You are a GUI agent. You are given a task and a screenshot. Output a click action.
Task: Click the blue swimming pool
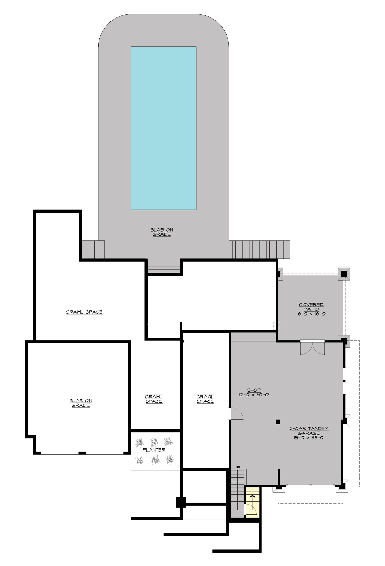(163, 128)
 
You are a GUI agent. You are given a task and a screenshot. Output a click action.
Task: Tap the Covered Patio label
(311, 307)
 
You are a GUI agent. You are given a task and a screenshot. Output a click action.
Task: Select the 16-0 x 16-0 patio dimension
(311, 314)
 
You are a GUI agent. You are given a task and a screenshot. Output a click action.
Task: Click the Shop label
(254, 390)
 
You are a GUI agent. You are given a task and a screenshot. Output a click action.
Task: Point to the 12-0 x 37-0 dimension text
(254, 395)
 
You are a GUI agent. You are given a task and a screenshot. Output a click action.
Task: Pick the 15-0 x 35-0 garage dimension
(309, 438)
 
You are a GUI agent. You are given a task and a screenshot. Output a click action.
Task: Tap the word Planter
(154, 450)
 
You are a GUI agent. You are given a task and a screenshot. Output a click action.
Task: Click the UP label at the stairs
(237, 468)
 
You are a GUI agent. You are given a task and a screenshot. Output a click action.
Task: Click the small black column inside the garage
(278, 422)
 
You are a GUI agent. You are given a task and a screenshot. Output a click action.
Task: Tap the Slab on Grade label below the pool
(162, 232)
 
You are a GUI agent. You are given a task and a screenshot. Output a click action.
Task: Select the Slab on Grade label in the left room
(81, 403)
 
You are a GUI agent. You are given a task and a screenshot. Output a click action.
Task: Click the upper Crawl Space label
(84, 312)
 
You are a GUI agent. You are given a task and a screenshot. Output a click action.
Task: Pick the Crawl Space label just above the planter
(154, 399)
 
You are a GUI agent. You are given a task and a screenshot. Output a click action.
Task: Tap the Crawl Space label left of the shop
(205, 399)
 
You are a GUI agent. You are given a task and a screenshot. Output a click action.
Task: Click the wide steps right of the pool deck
(259, 249)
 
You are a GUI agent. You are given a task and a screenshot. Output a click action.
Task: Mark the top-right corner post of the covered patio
(344, 274)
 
